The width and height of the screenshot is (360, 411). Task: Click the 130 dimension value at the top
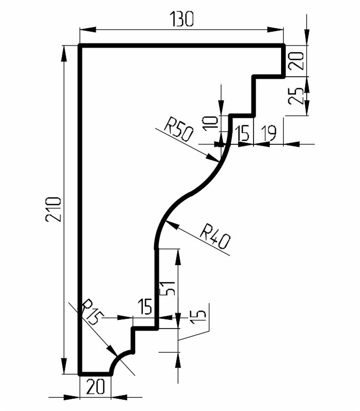point(182,19)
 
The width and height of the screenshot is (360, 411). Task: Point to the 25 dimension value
point(296,95)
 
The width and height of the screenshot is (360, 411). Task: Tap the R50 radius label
point(178,130)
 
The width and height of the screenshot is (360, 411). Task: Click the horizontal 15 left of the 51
point(144,308)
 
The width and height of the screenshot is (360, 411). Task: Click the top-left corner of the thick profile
point(80,46)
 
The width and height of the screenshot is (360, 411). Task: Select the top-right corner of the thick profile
point(284,46)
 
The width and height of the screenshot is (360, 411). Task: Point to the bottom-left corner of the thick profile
point(80,374)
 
